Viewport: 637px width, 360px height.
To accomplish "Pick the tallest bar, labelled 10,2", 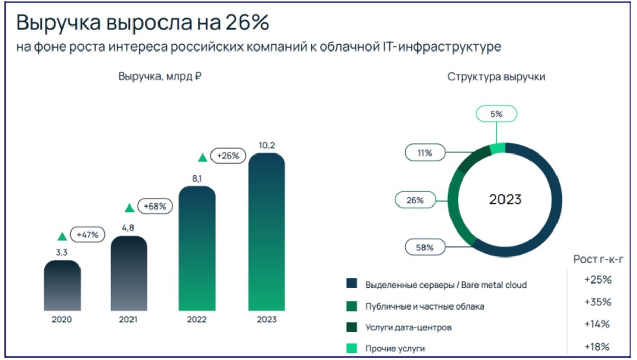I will [267, 232].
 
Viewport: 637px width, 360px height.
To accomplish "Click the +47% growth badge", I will [88, 235].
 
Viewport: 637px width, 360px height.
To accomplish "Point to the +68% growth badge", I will [155, 207].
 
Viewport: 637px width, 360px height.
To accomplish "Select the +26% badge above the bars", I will [228, 156].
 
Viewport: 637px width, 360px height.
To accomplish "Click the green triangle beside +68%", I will [129, 208].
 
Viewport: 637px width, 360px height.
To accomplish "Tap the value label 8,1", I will [197, 179].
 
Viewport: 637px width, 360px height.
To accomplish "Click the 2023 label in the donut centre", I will [505, 199].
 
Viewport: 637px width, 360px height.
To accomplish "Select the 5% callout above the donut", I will [496, 114].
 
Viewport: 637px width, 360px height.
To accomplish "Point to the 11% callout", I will [425, 152].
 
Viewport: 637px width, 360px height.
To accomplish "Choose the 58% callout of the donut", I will [425, 248].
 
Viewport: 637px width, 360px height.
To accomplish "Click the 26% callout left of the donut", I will [415, 200].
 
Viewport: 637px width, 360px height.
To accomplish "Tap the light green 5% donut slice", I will [497, 148].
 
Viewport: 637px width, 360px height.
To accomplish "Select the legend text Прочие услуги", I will [395, 349].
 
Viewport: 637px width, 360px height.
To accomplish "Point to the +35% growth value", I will [597, 302].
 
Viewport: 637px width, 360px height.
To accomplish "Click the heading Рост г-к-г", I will [598, 260].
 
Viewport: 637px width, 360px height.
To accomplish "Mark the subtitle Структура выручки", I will [496, 77].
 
